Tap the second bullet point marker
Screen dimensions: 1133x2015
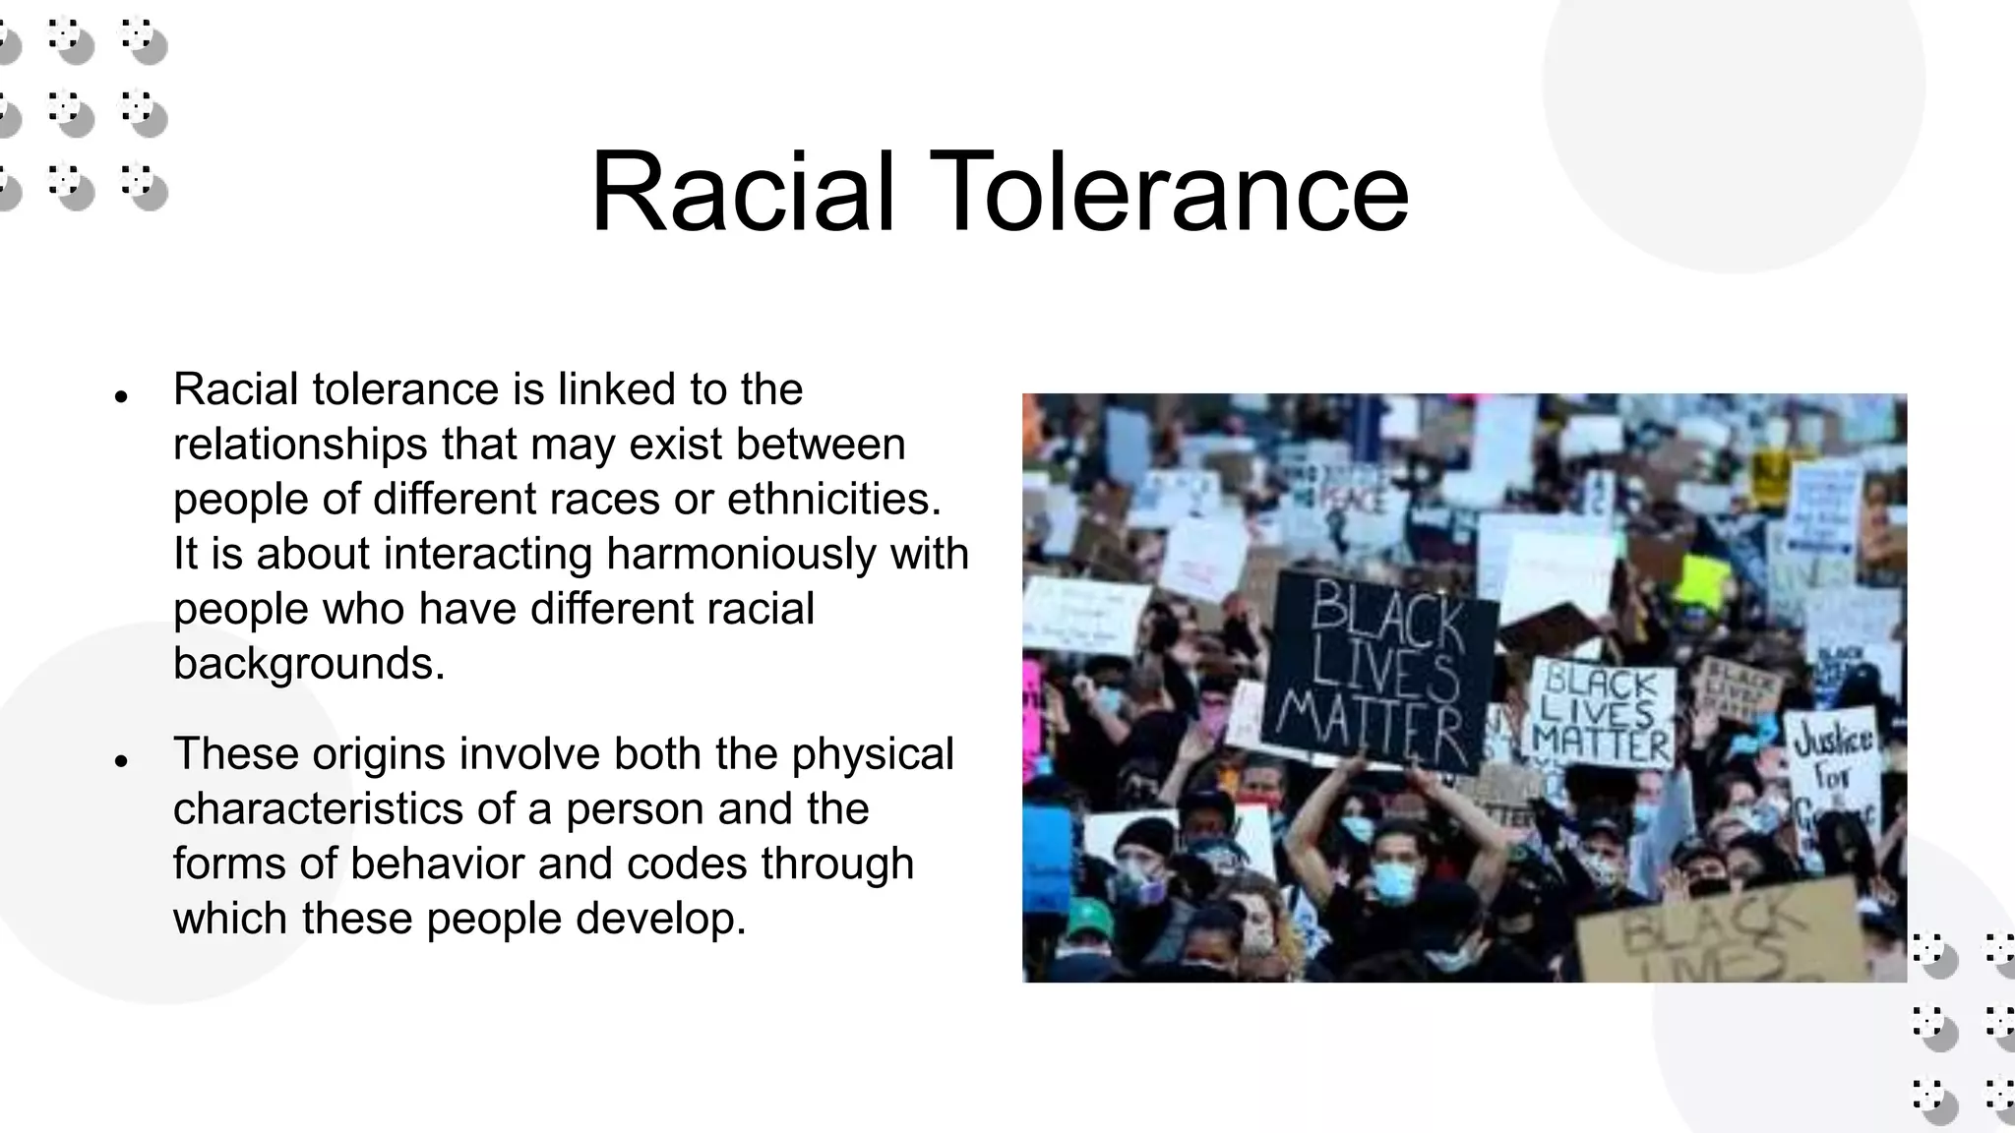(121, 761)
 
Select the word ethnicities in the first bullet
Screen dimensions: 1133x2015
(833, 499)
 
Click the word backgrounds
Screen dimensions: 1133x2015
(309, 664)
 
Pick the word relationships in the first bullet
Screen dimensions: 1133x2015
(300, 445)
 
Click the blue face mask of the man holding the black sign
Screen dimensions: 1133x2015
(1393, 881)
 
